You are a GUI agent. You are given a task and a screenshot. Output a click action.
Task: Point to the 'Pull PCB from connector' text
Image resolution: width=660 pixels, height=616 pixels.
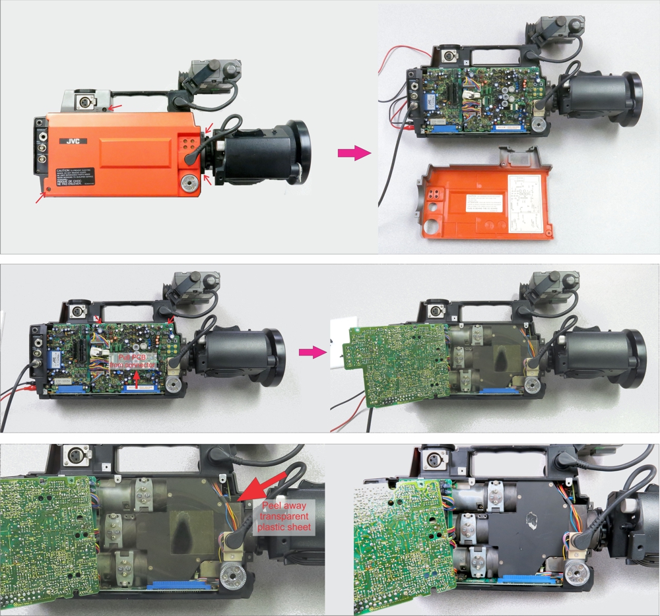(x=133, y=361)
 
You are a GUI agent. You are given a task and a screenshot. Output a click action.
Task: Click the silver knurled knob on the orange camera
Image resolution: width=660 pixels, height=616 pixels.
(x=190, y=183)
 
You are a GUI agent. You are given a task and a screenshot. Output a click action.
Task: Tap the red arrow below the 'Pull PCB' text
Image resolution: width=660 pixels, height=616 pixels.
(x=137, y=378)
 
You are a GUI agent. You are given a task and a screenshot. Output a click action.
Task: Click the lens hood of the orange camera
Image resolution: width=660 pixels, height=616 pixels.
(x=298, y=152)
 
